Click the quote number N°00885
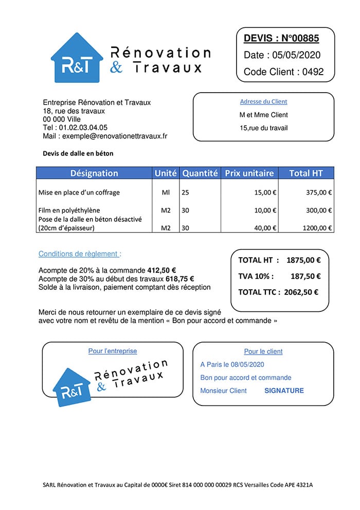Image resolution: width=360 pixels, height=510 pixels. pos(300,38)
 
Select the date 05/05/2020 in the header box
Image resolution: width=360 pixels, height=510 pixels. pos(296,55)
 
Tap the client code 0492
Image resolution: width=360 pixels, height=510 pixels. pos(313,72)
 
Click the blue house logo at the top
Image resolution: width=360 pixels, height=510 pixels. pos(77,58)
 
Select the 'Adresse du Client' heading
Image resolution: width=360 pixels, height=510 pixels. pos(263,102)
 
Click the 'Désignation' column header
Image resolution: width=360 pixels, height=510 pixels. pos(94,173)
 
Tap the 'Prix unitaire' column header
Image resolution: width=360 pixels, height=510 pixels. pos(249,173)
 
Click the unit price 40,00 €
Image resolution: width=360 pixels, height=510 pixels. pos(265,228)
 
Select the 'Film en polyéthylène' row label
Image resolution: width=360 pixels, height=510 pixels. pos(69,210)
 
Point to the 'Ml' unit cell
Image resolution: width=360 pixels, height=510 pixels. pos(166,193)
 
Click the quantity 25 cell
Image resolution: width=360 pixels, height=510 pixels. pos(186,193)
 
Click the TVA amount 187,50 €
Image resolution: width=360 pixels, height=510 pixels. pos(305,276)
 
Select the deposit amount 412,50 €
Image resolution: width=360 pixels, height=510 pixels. pos(162,270)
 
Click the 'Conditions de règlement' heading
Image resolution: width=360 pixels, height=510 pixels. pos(80,254)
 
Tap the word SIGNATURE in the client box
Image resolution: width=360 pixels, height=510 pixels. pos(284,391)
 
